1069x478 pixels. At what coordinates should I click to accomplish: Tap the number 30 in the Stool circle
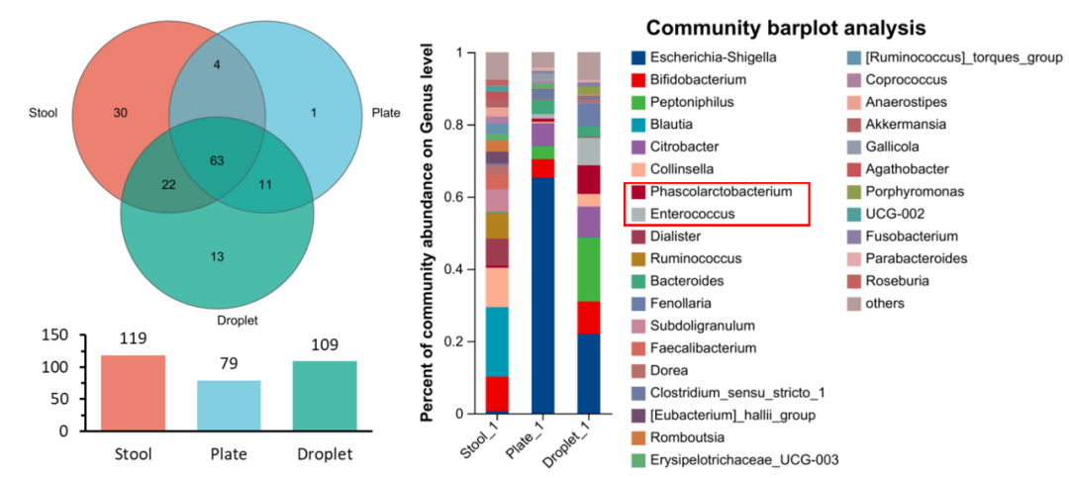(120, 114)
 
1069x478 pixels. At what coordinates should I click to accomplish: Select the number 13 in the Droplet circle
(217, 257)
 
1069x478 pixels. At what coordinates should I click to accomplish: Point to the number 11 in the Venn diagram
(265, 185)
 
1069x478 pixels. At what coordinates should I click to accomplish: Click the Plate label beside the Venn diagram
(385, 113)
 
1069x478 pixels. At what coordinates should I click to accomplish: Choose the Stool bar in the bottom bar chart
(133, 392)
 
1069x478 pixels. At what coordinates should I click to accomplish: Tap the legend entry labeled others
(885, 303)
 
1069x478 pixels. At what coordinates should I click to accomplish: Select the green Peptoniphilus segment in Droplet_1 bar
(588, 268)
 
